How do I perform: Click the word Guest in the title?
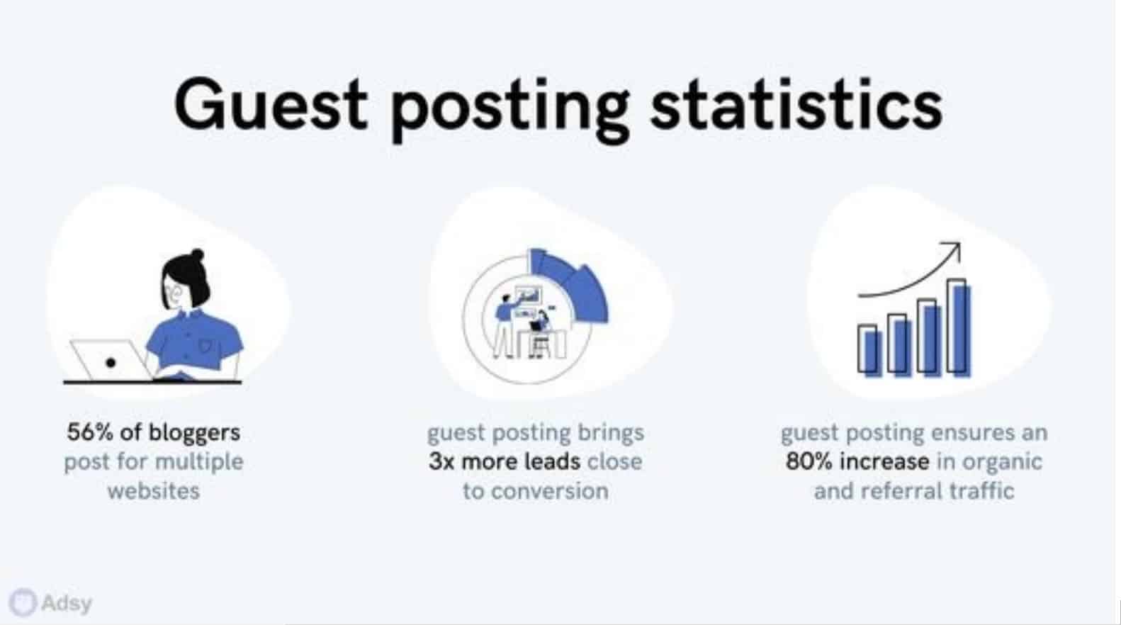point(271,105)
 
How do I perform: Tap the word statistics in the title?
point(796,105)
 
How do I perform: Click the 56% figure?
point(90,432)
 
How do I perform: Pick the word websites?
point(154,491)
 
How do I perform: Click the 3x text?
point(441,462)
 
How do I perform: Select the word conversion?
point(550,491)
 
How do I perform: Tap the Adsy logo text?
point(67,604)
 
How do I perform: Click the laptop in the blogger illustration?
point(110,360)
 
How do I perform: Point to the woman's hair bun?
point(197,254)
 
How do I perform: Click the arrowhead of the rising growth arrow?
point(953,249)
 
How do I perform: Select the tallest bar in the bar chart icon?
point(958,328)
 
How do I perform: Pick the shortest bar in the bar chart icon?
point(869,350)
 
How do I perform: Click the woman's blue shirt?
point(195,340)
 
